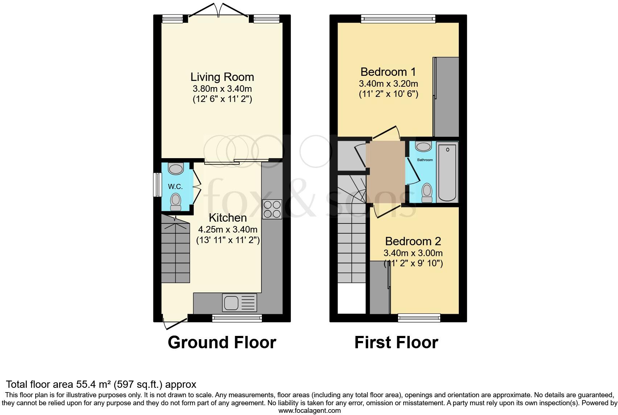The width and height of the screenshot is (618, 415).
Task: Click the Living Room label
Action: [x=222, y=77]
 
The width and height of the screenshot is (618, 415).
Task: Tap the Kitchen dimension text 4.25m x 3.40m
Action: [x=227, y=229]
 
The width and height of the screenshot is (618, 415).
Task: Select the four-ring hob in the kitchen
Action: [x=272, y=209]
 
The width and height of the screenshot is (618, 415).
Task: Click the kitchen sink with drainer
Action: [x=240, y=303]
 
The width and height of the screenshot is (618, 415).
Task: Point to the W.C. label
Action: [x=175, y=186]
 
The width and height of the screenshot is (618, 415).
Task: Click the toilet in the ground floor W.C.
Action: [x=176, y=201]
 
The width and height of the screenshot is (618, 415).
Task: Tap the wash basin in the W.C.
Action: [x=176, y=169]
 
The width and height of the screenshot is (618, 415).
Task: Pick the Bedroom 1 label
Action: [x=388, y=71]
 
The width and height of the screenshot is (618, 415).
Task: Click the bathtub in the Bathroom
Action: [x=448, y=172]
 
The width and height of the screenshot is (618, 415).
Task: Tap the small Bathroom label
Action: [x=425, y=160]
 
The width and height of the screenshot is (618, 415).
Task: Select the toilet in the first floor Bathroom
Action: [x=427, y=192]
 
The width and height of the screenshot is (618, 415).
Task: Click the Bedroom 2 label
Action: [x=413, y=241]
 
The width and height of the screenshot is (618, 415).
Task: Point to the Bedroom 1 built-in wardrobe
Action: [x=446, y=97]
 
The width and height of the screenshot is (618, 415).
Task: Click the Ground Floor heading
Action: [x=222, y=342]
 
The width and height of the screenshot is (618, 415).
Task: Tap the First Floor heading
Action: [x=396, y=342]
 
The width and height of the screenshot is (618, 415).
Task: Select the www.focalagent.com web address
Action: [x=309, y=411]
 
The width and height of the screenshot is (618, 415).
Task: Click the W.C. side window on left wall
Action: [x=157, y=185]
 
